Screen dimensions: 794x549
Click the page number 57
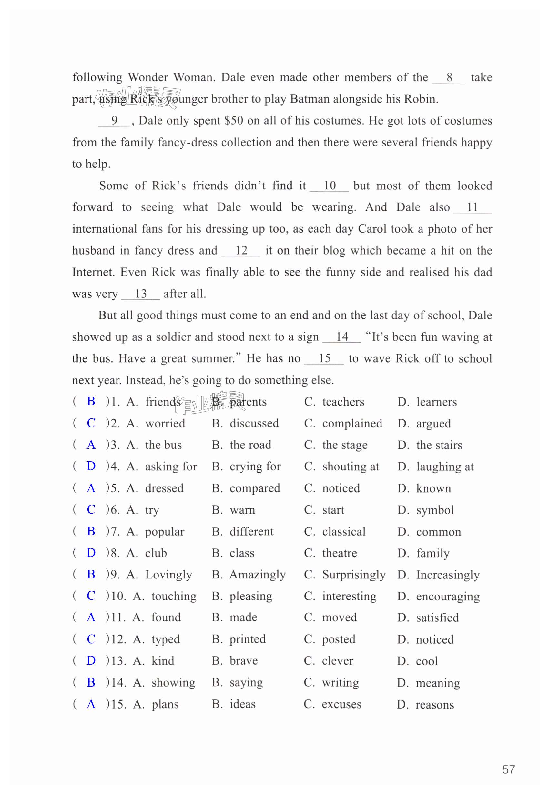508,769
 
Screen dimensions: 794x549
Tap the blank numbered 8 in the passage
449,77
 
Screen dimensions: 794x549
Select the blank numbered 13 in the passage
141,294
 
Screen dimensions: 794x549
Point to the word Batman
310,99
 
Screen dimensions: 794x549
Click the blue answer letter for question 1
91,401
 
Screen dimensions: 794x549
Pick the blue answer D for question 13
91,660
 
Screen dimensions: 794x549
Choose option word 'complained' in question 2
352,423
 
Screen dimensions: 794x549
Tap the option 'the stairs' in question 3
439,445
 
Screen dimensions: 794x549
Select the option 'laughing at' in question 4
445,467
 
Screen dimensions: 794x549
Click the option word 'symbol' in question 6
435,510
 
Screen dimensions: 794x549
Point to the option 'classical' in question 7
344,532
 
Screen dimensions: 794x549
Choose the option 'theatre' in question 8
340,553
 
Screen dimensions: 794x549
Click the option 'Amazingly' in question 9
257,575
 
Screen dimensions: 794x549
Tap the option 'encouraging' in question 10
448,596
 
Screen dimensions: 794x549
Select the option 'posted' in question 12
339,639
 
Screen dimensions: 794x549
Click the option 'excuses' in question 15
341,704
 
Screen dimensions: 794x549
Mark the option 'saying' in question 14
246,683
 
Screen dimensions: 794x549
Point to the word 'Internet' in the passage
93,272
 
